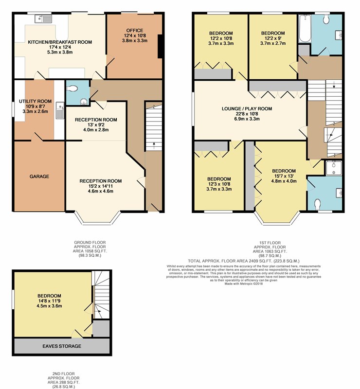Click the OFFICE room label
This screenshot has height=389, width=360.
[135, 30]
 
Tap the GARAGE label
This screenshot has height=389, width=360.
[39, 177]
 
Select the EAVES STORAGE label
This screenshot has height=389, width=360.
[62, 346]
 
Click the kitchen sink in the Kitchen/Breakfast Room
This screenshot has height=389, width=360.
[43, 18]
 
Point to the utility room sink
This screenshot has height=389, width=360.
[60, 110]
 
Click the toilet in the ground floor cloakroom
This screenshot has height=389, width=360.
[72, 88]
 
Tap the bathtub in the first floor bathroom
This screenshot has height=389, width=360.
[305, 29]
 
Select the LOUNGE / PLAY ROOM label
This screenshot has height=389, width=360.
[247, 108]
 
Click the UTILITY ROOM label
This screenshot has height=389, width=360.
[35, 101]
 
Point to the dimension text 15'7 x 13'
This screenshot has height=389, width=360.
[284, 176]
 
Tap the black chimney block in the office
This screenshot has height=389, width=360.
[161, 46]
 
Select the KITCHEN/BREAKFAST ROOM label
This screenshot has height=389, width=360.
[60, 42]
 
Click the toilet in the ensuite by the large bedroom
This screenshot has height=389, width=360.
[317, 204]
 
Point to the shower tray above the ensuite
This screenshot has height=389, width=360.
[333, 168]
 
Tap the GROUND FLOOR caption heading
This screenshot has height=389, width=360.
[90, 242]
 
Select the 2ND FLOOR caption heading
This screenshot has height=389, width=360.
[63, 373]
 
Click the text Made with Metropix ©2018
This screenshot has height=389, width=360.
[244, 283]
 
